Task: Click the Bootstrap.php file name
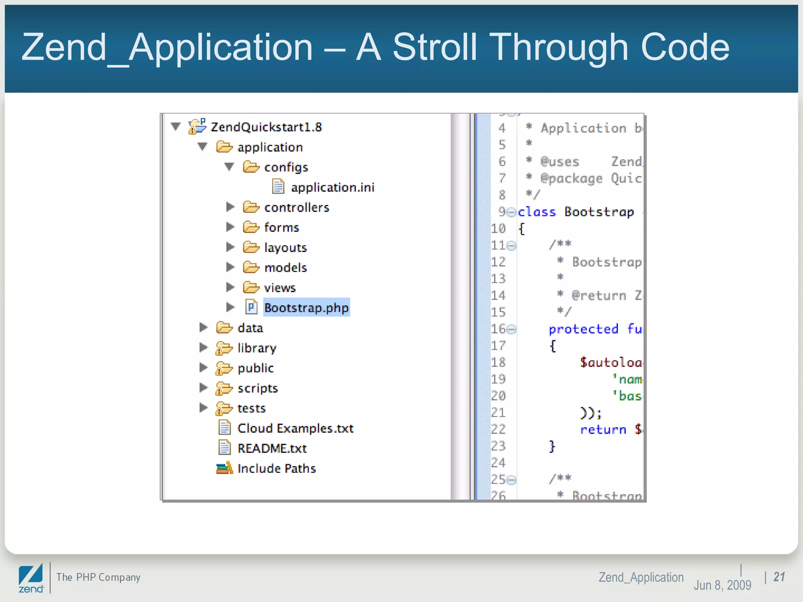point(306,308)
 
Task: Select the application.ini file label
point(332,187)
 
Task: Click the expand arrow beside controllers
point(230,207)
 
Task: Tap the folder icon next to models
point(251,267)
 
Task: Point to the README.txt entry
point(272,448)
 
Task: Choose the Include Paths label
point(276,468)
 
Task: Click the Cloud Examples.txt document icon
point(224,428)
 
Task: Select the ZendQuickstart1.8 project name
point(266,127)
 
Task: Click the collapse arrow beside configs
point(229,167)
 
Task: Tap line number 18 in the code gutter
point(498,362)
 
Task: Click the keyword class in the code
point(537,212)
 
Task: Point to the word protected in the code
point(583,329)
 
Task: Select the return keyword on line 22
point(603,430)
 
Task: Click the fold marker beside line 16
point(512,330)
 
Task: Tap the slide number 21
point(779,577)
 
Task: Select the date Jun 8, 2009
point(722,585)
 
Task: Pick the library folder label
point(257,348)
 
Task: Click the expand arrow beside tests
point(203,408)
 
